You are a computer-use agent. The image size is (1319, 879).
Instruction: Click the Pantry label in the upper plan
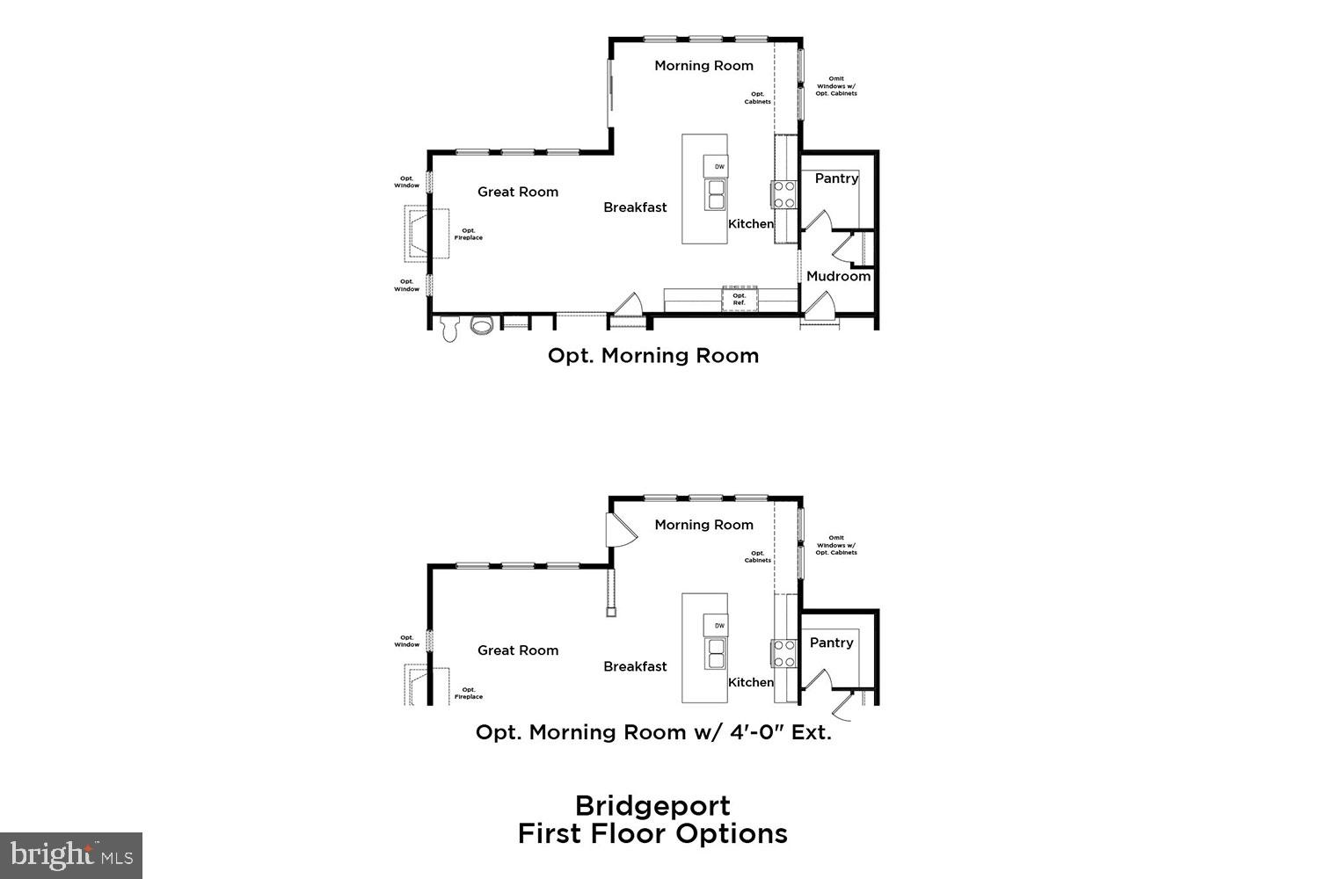tap(836, 178)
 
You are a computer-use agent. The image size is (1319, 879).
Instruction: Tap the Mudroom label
tap(838, 276)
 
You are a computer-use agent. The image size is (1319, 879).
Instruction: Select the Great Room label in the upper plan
tap(518, 192)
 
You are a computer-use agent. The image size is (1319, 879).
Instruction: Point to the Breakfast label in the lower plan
tap(635, 666)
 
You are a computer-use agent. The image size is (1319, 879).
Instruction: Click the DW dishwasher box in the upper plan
tap(718, 166)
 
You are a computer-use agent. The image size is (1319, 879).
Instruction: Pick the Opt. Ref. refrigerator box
tap(739, 300)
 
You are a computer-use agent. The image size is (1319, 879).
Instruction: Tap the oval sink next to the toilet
tap(482, 325)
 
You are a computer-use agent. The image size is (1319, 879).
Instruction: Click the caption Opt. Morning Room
tap(652, 355)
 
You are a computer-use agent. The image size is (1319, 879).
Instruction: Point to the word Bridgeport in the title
tap(652, 805)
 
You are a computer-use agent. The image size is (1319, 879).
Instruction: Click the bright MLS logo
tap(71, 855)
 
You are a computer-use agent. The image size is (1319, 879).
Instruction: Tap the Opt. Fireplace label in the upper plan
tap(468, 234)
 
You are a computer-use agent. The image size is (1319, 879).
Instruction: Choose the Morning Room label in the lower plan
tap(703, 525)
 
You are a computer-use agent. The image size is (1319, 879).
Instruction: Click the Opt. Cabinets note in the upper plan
tap(757, 98)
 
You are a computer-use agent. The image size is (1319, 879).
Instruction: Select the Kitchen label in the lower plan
tap(751, 682)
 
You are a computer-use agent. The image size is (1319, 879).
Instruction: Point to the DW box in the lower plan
tap(718, 626)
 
